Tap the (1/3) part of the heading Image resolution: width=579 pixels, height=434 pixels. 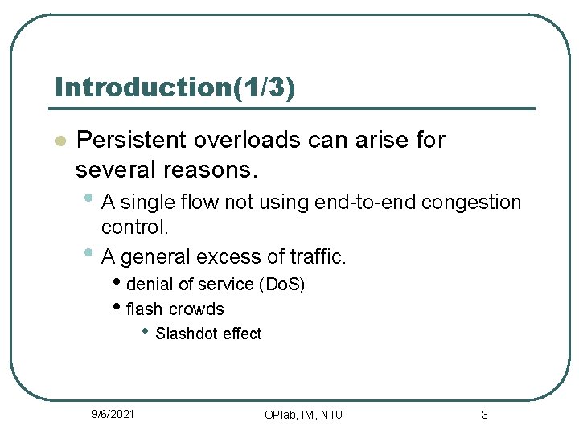click(263, 87)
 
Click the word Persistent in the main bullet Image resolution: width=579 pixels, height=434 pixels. click(131, 140)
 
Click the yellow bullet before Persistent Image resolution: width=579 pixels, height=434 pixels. click(59, 141)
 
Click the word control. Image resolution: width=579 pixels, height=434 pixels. click(135, 227)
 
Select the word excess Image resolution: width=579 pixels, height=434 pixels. click(229, 257)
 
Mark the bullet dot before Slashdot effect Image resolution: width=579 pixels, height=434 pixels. click(145, 331)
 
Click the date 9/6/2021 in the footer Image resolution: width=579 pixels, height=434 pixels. click(113, 414)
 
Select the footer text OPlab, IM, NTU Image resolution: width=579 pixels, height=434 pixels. click(303, 415)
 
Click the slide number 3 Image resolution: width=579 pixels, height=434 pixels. click(484, 415)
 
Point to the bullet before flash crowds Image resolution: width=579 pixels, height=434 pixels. click(117, 307)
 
